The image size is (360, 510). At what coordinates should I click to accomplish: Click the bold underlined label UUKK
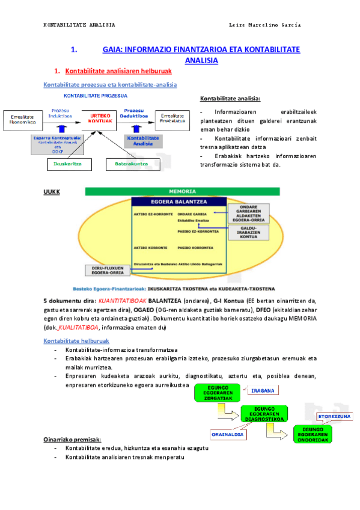(52, 192)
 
